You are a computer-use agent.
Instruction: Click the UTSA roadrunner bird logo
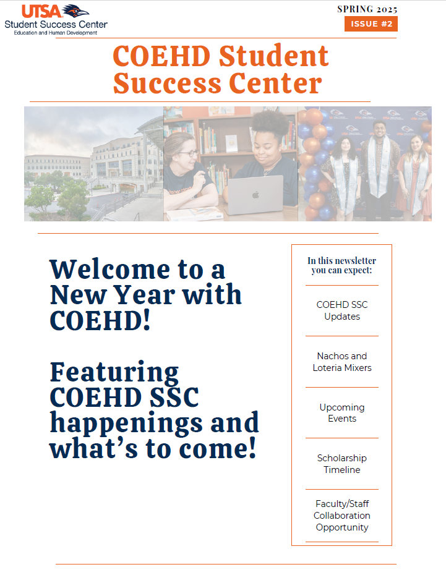coord(75,11)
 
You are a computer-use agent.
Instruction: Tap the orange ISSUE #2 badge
coord(371,24)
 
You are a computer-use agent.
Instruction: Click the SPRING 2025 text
coord(367,9)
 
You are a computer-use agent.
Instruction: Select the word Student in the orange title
coord(273,56)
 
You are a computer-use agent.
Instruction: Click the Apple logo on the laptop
coord(255,195)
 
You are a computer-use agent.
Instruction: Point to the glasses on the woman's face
coord(189,153)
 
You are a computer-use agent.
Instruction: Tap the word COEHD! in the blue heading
coord(100,320)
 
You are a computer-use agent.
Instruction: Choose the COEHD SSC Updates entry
coord(342,310)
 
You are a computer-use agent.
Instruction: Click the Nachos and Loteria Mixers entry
coord(342,362)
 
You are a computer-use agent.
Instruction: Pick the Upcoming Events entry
coord(342,413)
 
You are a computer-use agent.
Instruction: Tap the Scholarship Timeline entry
coord(342,464)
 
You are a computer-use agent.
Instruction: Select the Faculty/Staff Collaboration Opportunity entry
coord(342,515)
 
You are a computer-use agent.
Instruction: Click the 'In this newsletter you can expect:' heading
coord(342,265)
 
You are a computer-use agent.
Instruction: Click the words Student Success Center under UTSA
coord(56,24)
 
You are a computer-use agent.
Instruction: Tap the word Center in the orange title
coord(275,83)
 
